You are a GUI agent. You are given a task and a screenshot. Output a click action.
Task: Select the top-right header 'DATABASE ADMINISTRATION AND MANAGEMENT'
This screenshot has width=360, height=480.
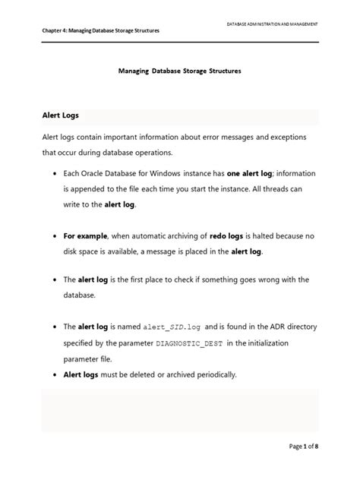(x=272, y=24)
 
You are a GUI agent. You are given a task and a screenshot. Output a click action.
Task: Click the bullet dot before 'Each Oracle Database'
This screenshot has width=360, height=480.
(x=55, y=174)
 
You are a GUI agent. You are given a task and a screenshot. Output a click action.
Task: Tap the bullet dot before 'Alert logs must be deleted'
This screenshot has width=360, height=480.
(x=55, y=375)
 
